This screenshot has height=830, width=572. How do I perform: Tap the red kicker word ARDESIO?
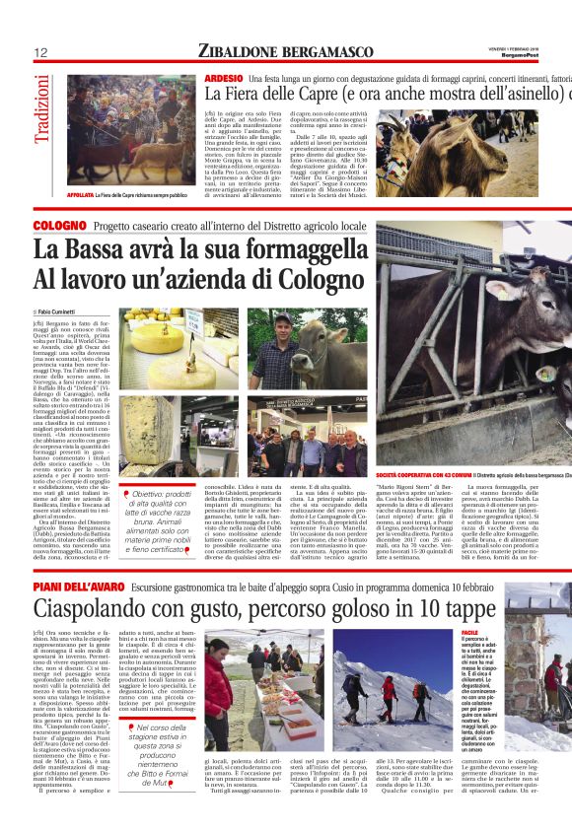click(x=223, y=77)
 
